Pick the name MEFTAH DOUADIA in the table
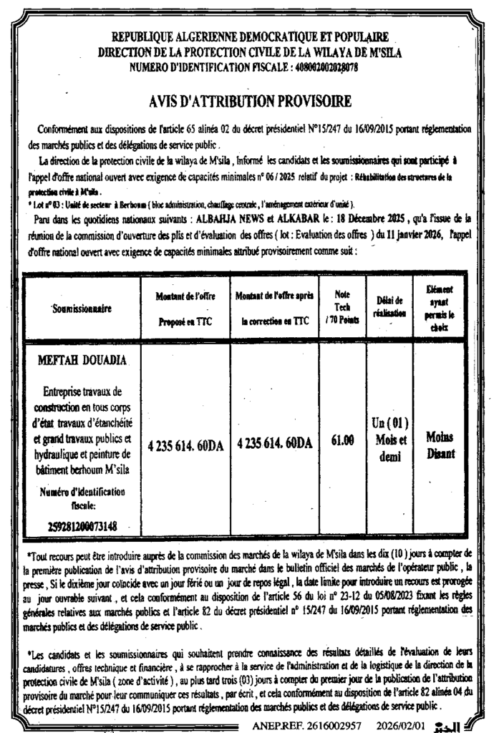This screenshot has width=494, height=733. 80,359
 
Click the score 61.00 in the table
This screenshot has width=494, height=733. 343,442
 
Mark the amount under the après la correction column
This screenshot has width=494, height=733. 274,443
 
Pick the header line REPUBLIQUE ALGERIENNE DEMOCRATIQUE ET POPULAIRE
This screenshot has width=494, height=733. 250,37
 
